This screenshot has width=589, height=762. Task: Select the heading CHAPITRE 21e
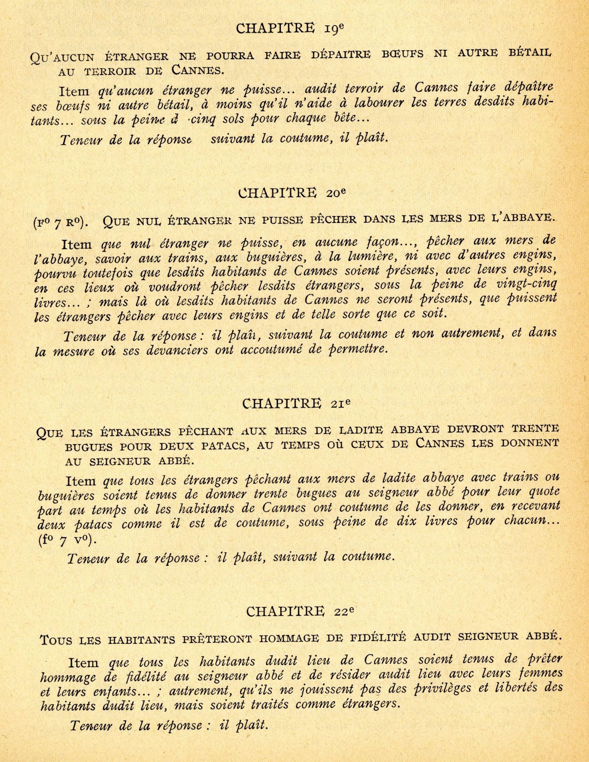296,403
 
